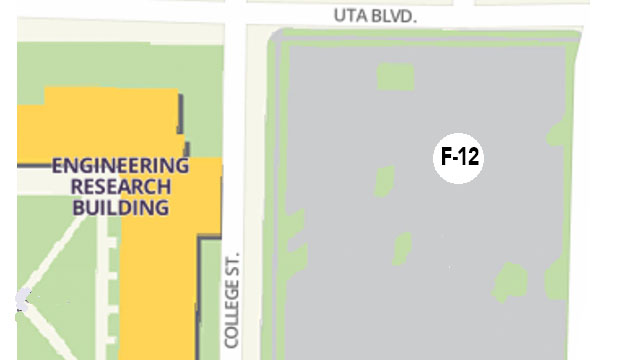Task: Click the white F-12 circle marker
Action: tap(458, 158)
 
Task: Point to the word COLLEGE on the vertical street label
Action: tap(233, 313)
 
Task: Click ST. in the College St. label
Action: tap(233, 262)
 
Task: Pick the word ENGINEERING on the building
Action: tap(120, 166)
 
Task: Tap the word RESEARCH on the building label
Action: tap(120, 187)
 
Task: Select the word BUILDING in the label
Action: tap(120, 208)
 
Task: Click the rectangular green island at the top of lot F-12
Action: tap(394, 76)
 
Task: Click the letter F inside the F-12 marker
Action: tap(446, 158)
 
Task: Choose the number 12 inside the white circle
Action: tap(466, 158)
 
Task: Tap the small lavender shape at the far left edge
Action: tap(23, 298)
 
